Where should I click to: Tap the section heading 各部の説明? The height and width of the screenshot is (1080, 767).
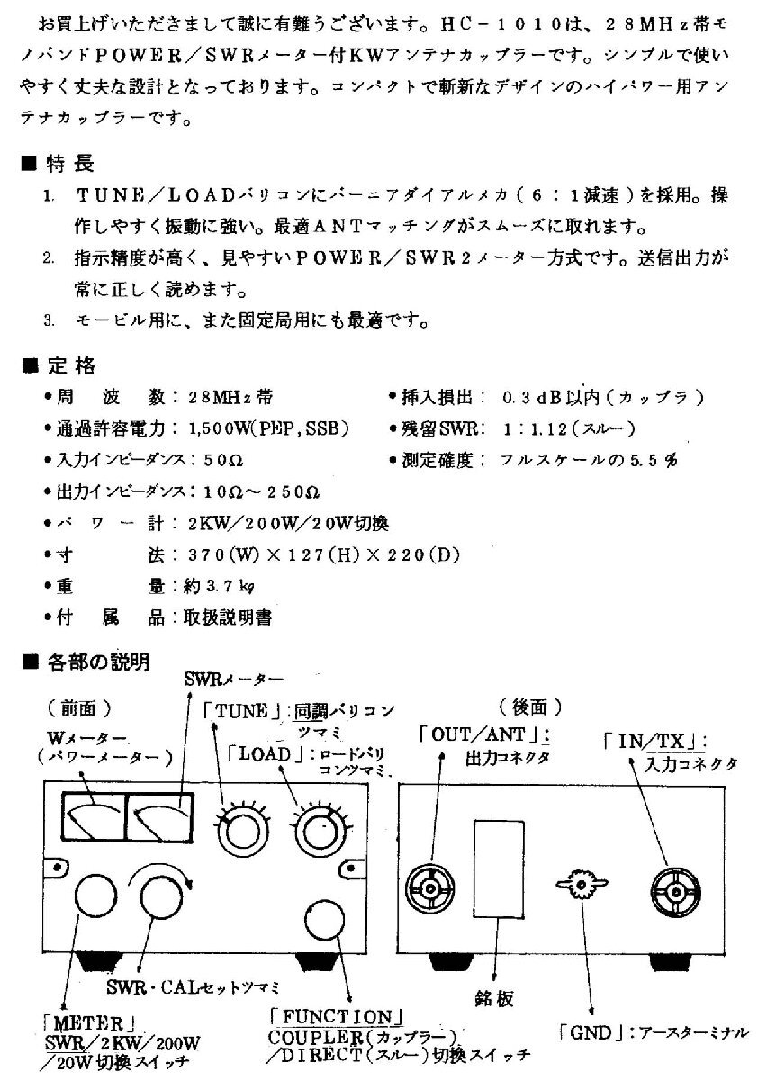99,664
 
